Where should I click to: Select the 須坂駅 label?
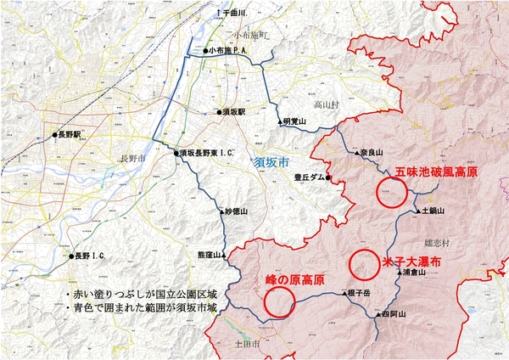232,111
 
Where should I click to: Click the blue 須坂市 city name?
271,160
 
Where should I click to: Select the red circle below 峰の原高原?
279,300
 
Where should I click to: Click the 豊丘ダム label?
308,177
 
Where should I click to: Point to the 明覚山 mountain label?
294,121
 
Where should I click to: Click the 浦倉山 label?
412,273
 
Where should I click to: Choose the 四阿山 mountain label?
394,314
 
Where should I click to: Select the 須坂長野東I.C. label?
204,153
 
